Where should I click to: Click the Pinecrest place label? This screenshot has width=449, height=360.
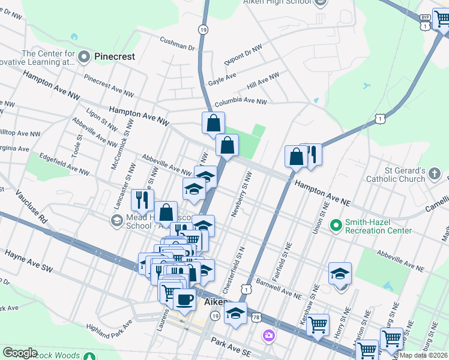coord(113,57)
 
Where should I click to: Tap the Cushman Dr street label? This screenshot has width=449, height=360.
coord(178,43)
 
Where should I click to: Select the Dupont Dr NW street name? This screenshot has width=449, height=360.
coord(242,55)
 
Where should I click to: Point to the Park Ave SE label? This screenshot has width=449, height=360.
coord(232,347)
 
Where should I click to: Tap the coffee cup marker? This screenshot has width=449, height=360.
coord(185,298)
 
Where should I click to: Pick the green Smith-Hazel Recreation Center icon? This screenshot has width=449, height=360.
coord(336,226)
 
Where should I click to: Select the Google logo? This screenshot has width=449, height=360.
coord(20,353)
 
